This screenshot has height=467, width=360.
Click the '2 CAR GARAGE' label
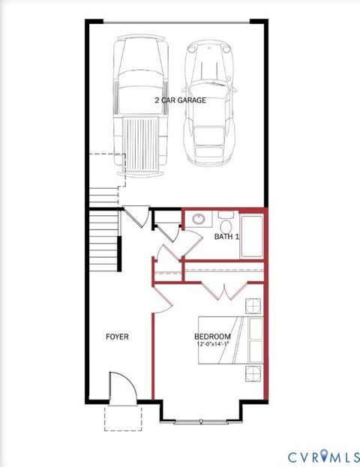point(180,99)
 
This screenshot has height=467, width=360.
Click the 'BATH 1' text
point(226,237)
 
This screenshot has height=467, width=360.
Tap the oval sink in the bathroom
point(198,220)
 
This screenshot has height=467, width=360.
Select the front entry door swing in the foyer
point(122,387)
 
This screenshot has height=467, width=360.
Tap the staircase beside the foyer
point(104,240)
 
